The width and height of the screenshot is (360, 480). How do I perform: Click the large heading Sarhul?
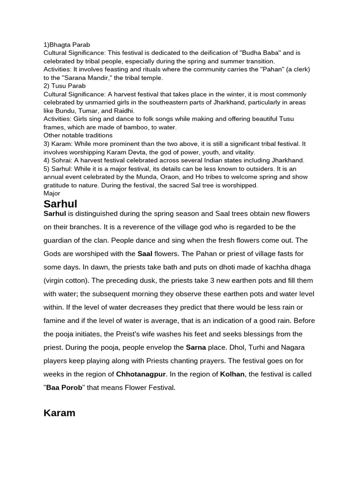tap(60, 203)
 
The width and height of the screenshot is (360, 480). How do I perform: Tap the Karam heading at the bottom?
tap(59, 413)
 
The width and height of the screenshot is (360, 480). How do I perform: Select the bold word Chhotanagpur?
tap(141, 374)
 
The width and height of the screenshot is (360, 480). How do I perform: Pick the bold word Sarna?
tap(196, 347)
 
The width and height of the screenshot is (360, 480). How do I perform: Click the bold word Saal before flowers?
tap(145, 254)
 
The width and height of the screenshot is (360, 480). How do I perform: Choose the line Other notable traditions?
tap(78, 135)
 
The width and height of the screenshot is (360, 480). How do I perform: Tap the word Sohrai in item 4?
tap(62, 160)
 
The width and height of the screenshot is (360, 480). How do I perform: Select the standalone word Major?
tap(52, 193)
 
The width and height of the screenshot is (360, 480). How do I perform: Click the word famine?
tap(57, 321)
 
